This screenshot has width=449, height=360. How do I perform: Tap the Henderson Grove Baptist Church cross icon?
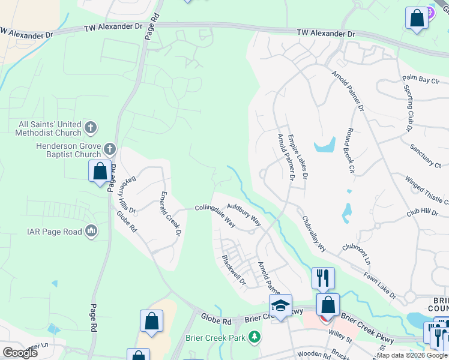pos(109,148)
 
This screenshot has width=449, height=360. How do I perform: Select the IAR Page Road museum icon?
pos(91,231)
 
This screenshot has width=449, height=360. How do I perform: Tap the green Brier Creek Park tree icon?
pos(255,337)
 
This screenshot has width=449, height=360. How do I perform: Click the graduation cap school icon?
pos(280,305)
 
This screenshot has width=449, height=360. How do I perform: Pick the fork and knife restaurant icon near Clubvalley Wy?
pos(323,278)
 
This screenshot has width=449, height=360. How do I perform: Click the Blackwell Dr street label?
pos(234,270)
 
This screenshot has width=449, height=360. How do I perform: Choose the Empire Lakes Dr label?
pos(298,157)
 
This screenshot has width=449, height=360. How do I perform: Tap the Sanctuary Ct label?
pos(426,155)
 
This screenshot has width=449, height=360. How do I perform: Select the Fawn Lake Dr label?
pos(379,284)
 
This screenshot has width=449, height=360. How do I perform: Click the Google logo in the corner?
pos(20,352)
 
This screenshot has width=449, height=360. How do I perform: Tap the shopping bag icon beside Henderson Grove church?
pos(100,172)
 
